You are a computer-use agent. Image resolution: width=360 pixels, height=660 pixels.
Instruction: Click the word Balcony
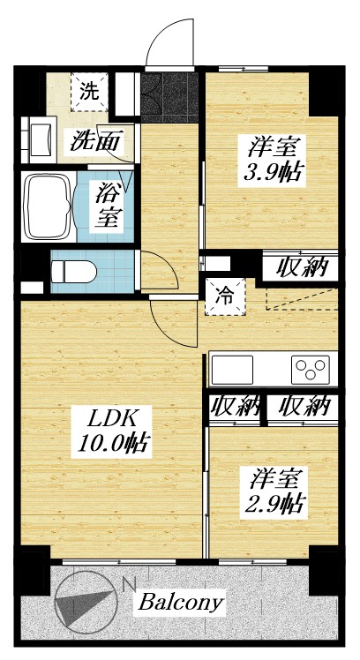[x=180, y=604]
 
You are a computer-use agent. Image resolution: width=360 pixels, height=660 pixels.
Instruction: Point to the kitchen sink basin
[x=232, y=368]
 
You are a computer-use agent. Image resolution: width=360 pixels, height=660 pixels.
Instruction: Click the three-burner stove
[x=310, y=367]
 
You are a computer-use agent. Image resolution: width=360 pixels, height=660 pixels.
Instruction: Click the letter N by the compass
[x=130, y=584]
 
